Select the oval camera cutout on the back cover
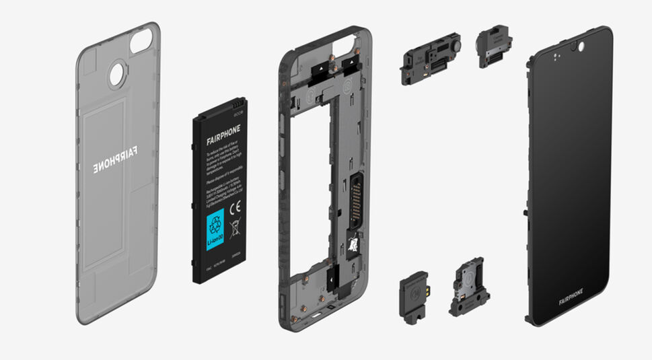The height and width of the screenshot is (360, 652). [x=142, y=42]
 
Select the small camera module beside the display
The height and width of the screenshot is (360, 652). [x=495, y=47]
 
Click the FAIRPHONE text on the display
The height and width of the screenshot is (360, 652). [x=571, y=293]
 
